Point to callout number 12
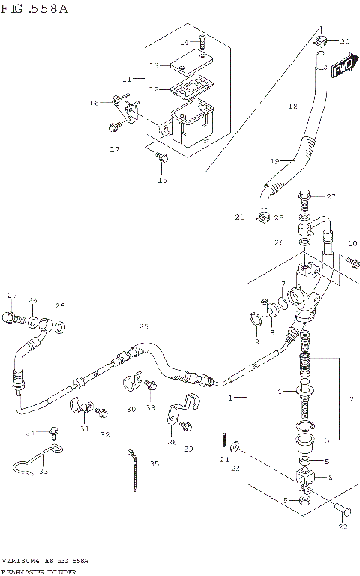point(153,89)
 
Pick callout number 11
point(127,79)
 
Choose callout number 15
point(162,180)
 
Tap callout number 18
point(293,107)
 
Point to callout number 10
point(352,243)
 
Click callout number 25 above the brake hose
point(143,326)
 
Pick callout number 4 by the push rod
point(280,391)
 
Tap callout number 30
point(130,409)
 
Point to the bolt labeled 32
point(101,412)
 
